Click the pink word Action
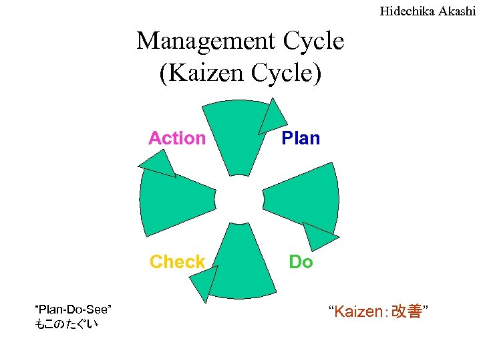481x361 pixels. (177, 138)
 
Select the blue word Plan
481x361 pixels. (301, 138)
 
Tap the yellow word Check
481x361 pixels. (177, 261)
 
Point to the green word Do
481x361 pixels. (301, 261)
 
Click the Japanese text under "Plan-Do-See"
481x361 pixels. (65, 324)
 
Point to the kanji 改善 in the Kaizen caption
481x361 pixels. (408, 312)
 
